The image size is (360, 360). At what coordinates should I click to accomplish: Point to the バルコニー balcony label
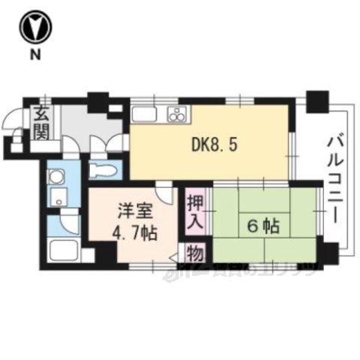(x=334, y=176)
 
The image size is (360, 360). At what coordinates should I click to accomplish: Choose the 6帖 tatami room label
(x=259, y=223)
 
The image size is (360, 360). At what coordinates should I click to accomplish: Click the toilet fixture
(x=100, y=170)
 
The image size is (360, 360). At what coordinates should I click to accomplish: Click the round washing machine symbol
(x=53, y=178)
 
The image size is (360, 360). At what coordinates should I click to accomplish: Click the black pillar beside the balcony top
(x=317, y=99)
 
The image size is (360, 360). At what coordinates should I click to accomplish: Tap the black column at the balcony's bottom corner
(x=328, y=253)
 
